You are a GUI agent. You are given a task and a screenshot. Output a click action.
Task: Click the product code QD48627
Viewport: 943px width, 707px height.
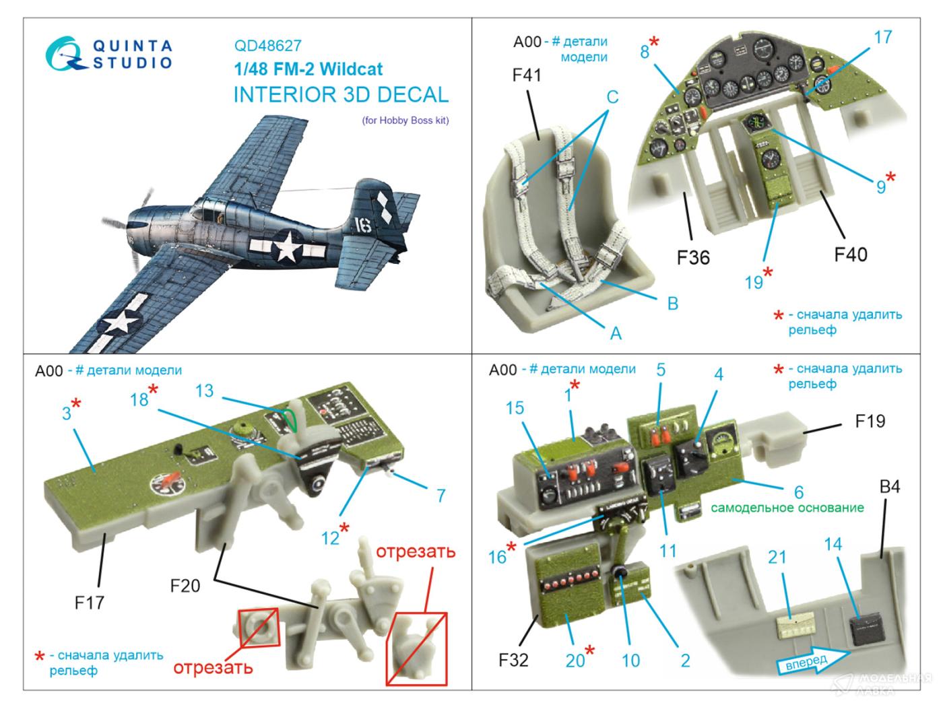click(x=267, y=46)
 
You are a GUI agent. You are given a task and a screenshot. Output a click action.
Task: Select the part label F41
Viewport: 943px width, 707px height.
click(x=527, y=75)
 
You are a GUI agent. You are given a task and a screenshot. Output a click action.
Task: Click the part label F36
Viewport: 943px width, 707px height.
click(x=693, y=257)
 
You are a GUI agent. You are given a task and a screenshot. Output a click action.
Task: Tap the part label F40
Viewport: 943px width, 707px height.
click(x=850, y=255)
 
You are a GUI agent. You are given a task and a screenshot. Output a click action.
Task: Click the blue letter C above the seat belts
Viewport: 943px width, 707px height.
click(x=612, y=97)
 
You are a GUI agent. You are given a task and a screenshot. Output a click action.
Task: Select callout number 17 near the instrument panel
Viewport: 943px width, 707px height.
click(x=883, y=38)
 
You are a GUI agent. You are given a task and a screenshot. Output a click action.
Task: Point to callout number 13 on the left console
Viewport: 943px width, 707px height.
click(x=204, y=391)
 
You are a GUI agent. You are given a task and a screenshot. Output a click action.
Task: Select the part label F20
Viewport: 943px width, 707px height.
click(x=185, y=585)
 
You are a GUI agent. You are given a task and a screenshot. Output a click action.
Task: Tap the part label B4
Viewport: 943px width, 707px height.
click(x=890, y=486)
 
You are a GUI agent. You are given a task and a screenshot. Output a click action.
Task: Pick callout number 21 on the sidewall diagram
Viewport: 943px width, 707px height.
click(x=777, y=557)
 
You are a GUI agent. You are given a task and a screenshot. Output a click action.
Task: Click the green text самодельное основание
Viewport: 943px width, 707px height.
click(x=787, y=508)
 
